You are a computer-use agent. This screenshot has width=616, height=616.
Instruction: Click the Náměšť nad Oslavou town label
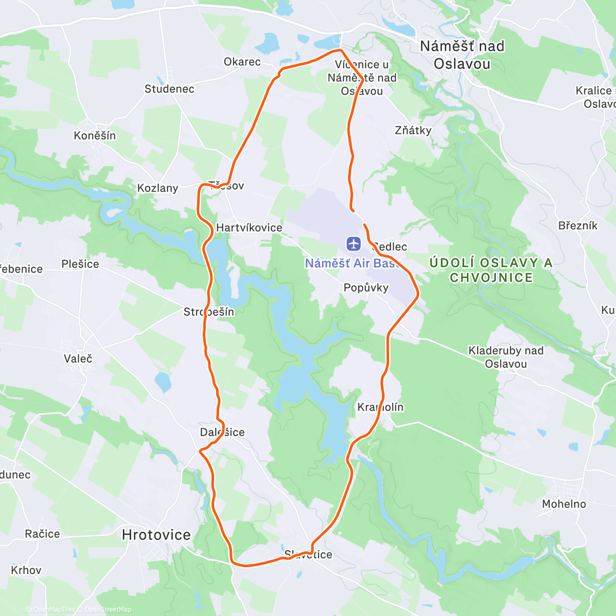tap(462, 55)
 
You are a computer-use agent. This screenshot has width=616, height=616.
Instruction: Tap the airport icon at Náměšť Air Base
tap(354, 243)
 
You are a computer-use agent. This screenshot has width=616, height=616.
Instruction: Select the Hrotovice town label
tap(156, 535)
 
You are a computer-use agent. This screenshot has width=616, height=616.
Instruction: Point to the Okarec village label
tap(242, 62)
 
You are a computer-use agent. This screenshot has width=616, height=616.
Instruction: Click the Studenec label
tap(169, 89)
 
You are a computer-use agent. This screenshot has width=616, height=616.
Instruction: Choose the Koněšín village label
tap(95, 136)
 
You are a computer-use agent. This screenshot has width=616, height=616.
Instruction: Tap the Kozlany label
tap(158, 188)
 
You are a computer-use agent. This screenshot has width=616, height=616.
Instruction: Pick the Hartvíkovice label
tap(249, 227)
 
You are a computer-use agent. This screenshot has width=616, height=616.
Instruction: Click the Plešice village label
tap(80, 264)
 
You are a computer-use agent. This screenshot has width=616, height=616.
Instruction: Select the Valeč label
tap(78, 358)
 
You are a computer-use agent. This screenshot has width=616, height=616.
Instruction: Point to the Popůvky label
tap(366, 287)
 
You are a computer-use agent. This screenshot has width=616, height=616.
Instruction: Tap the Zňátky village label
tap(413, 130)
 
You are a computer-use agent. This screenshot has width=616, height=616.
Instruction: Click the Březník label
tap(578, 225)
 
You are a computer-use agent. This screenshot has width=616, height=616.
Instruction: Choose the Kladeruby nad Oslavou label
tap(506, 357)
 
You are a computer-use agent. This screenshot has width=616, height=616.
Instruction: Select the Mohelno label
tap(564, 504)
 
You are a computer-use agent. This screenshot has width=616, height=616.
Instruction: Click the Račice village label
tap(43, 534)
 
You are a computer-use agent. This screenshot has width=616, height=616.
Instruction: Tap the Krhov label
tap(26, 570)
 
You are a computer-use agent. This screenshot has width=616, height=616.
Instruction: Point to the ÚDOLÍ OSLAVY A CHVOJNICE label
tap(491, 270)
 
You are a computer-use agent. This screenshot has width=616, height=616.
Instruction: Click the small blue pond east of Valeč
tap(163, 381)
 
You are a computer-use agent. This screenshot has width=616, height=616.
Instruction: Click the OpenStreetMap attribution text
tap(107, 609)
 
